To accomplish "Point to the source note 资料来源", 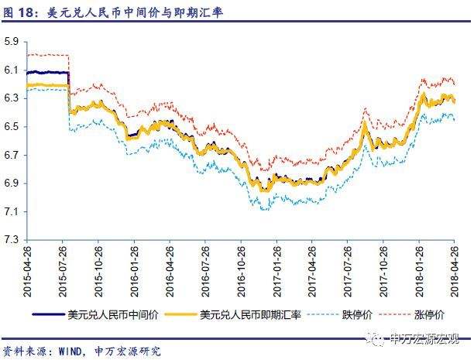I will coord(26,351).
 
